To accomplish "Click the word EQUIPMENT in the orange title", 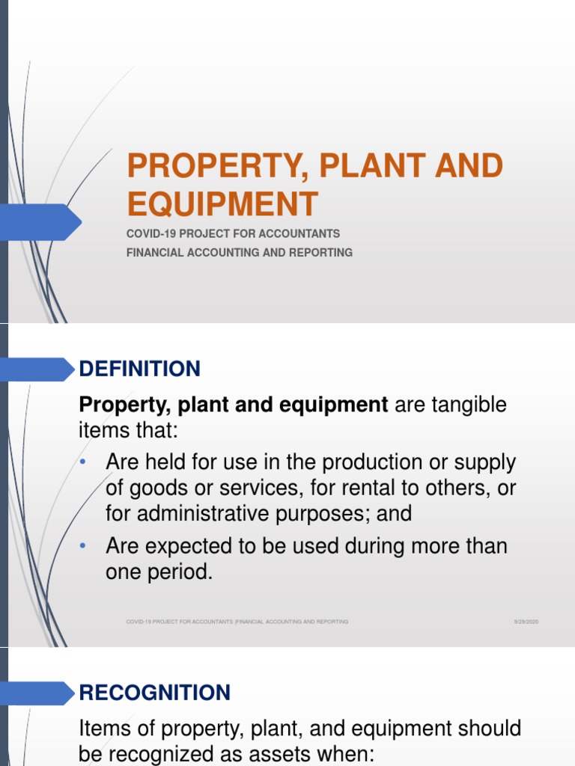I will (222, 204).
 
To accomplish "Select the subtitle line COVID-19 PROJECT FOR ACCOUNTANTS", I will (234, 233).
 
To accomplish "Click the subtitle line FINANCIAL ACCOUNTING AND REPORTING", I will (240, 252).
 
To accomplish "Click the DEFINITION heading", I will (140, 369).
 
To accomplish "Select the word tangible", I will (469, 405).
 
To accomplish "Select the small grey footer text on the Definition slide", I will (237, 622).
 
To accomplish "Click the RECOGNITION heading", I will (155, 693).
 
